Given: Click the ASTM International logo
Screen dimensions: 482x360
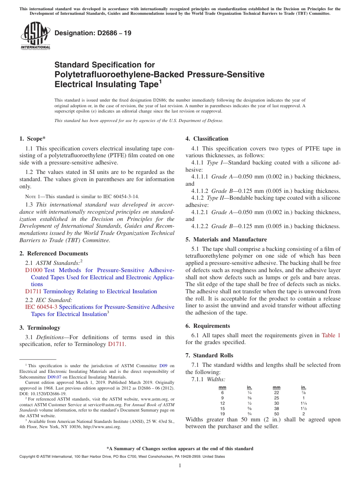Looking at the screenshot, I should tap(35, 35).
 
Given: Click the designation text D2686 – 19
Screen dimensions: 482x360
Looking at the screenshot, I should tap(93, 33).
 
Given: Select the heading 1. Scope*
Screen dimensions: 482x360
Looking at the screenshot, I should tap(33, 139).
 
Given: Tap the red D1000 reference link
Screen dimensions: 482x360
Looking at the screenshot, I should tap(34, 270).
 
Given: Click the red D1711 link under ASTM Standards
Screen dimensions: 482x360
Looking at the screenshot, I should tap(33, 291).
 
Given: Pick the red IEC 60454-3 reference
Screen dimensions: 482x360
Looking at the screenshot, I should tap(41, 307).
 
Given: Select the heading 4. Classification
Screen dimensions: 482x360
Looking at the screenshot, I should tap(207, 139).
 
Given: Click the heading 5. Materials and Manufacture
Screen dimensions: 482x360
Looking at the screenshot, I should tap(226, 239).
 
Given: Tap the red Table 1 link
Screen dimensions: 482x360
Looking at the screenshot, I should tap(331, 335).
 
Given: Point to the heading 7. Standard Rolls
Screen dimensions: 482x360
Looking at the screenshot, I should tap(209, 355).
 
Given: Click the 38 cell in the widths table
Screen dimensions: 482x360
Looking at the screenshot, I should tap(277, 409).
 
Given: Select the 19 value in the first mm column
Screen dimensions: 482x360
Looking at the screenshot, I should tap(222, 414).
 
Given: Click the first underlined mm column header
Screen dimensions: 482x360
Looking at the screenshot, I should tap(222, 388).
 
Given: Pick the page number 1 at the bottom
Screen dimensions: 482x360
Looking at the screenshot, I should tap(180, 466).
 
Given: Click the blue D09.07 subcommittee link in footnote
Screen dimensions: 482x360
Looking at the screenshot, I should tap(53, 377).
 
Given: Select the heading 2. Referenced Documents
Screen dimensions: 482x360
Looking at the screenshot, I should tap(53, 254).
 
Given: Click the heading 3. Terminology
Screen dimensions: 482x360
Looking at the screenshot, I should tap(40, 328).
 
